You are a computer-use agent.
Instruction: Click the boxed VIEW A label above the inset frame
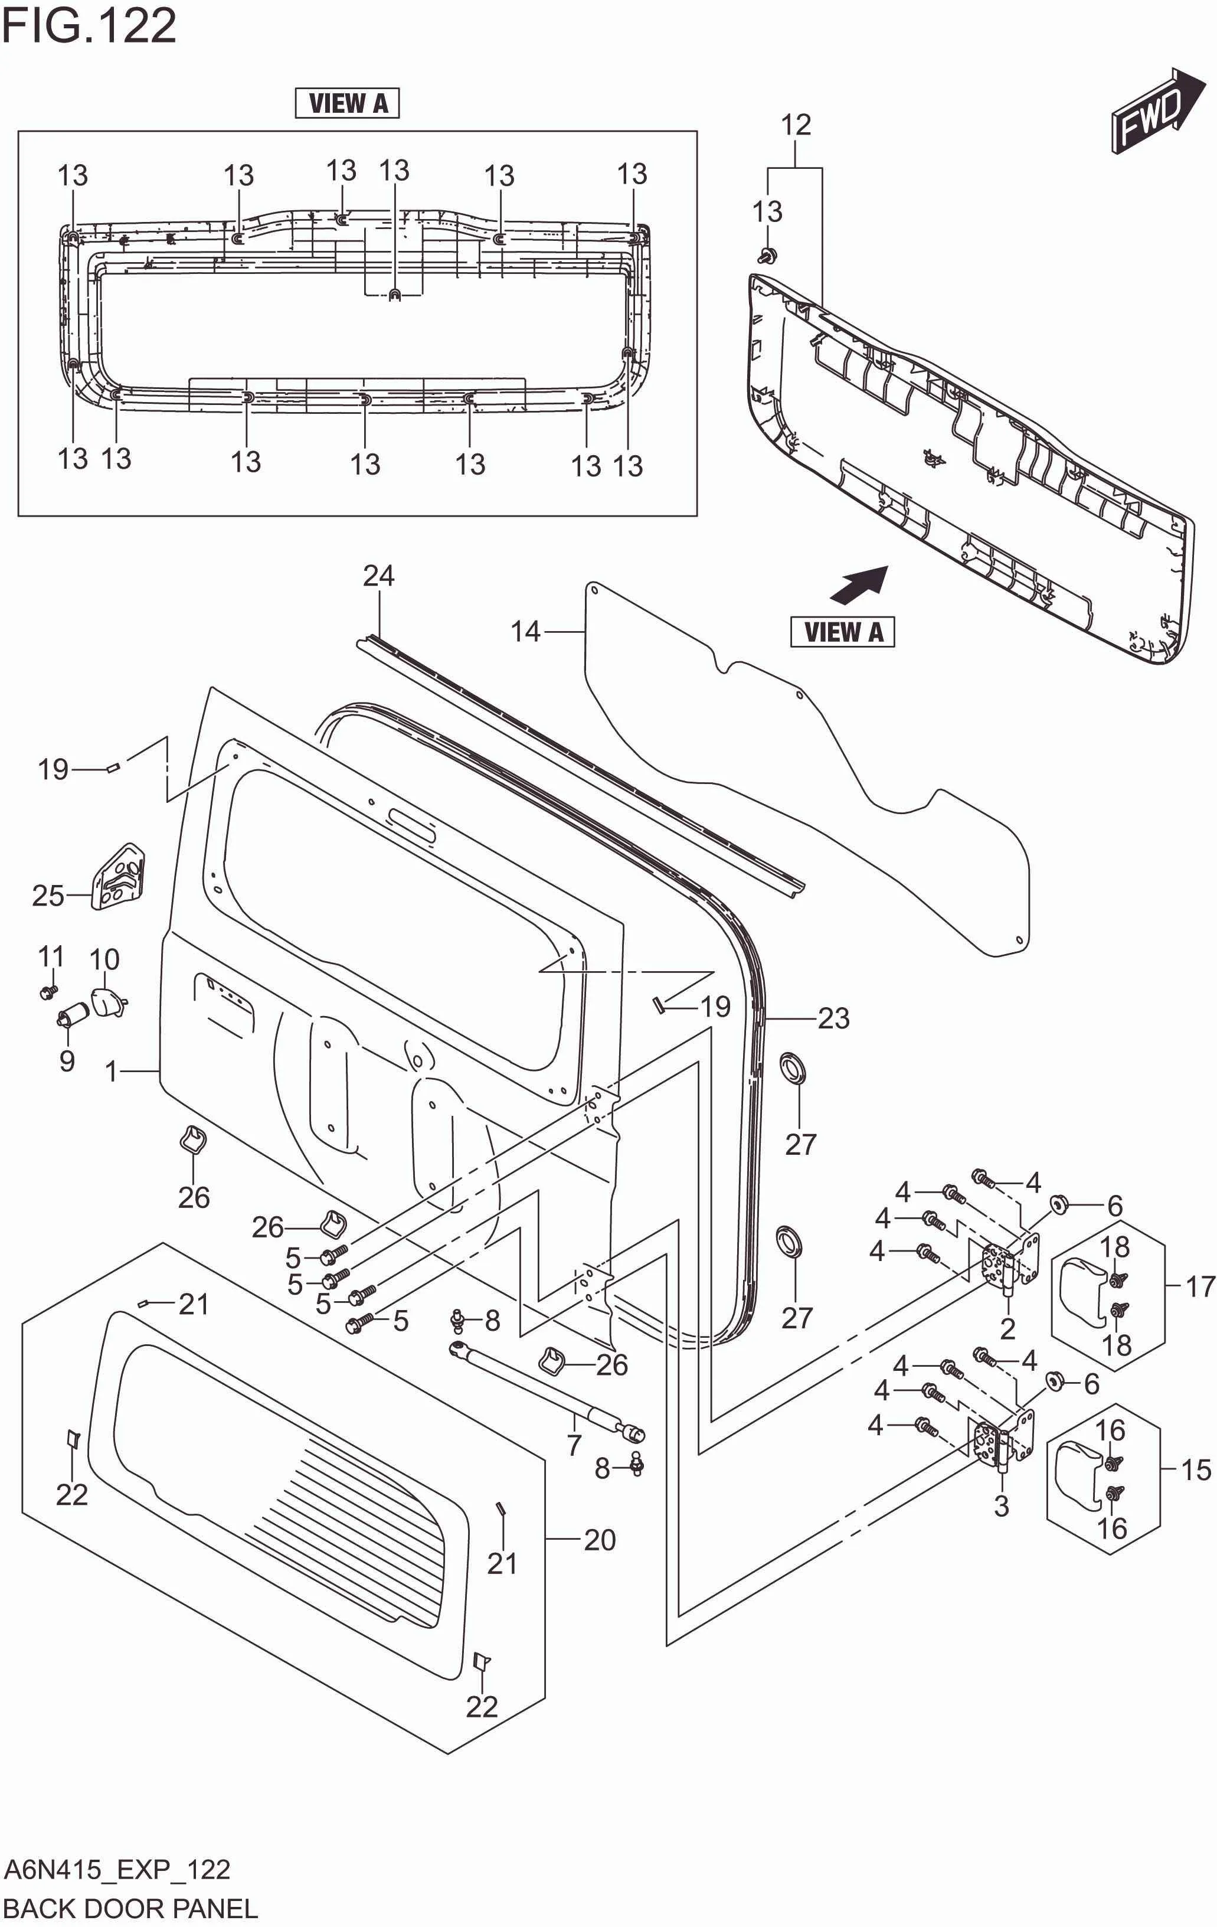pyautogui.click(x=347, y=103)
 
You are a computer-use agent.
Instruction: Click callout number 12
pyautogui.click(x=796, y=125)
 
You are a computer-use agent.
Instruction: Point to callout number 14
pyautogui.click(x=526, y=632)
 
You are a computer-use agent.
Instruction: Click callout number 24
pyautogui.click(x=378, y=576)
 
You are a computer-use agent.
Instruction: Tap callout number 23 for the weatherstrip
pyautogui.click(x=833, y=1019)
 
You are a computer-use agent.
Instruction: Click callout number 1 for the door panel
pyautogui.click(x=112, y=1071)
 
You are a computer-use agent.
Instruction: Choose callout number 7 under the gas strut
pyautogui.click(x=574, y=1445)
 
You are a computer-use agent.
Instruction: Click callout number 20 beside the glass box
pyautogui.click(x=599, y=1539)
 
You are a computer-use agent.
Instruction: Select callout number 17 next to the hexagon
pyautogui.click(x=1199, y=1287)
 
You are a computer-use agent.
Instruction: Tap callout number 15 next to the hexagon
pyautogui.click(x=1195, y=1469)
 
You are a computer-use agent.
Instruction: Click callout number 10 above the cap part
pyautogui.click(x=104, y=959)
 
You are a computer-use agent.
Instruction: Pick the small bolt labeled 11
pyautogui.click(x=48, y=992)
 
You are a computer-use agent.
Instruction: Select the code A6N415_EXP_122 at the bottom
pyautogui.click(x=117, y=1869)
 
